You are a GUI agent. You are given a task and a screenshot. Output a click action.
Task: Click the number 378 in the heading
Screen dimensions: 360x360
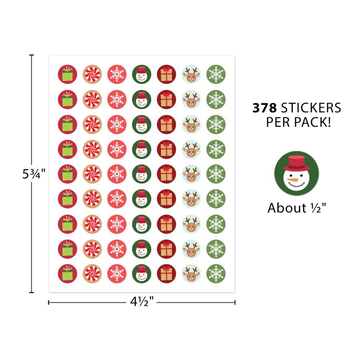[265, 108]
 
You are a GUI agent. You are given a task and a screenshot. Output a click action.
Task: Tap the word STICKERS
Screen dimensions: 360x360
[311, 108]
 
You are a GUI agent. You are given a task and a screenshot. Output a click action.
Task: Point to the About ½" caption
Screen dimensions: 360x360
[296, 208]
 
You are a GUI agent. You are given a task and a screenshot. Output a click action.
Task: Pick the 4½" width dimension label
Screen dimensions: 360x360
[142, 303]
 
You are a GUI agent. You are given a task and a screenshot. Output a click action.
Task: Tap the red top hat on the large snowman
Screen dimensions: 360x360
[296, 162]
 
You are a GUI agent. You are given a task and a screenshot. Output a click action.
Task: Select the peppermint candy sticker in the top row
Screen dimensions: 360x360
[92, 74]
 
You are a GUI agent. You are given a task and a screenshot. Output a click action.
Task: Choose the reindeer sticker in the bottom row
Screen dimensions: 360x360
[191, 273]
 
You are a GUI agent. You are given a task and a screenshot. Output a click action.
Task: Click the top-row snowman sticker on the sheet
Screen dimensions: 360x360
[142, 74]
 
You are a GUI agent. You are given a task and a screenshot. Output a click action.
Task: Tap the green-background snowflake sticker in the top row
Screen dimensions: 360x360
[216, 74]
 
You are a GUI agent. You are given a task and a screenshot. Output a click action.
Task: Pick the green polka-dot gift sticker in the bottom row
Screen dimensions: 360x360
[67, 273]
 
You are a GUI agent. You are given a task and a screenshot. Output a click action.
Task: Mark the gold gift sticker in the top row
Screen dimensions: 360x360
[166, 74]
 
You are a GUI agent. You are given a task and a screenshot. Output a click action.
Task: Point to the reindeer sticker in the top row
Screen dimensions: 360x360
[191, 74]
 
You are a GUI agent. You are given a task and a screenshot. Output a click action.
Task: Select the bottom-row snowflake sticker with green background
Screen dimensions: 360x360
[216, 273]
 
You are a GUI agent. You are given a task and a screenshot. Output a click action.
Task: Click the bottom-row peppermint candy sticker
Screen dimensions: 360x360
[92, 273]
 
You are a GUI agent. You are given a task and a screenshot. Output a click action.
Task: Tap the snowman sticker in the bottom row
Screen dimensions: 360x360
[142, 273]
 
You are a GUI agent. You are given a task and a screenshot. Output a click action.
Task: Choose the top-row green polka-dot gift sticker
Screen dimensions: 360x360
[67, 74]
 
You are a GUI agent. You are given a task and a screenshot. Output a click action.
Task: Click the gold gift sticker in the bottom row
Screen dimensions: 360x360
[166, 273]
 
